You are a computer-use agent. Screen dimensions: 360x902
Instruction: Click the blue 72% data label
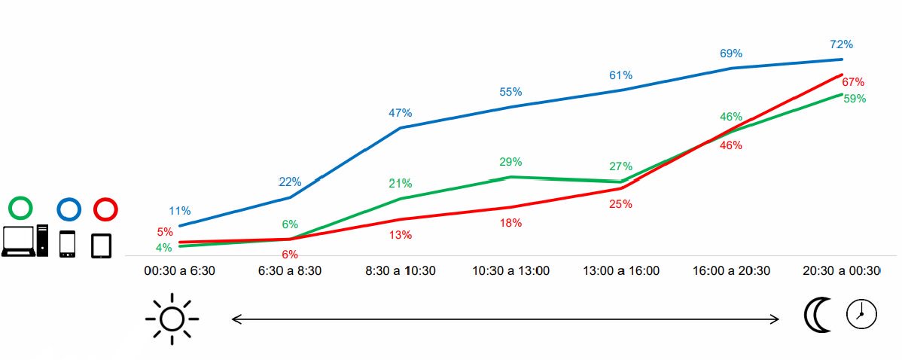click(x=841, y=44)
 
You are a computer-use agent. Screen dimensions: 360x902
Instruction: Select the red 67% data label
click(x=853, y=82)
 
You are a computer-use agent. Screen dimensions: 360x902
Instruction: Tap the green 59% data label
click(x=855, y=99)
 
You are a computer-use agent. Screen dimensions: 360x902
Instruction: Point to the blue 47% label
click(x=400, y=113)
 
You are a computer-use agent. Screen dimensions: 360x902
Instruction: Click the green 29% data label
click(x=510, y=162)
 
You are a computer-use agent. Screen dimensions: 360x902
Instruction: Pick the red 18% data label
click(x=510, y=223)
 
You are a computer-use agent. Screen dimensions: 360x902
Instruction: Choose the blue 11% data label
click(x=179, y=211)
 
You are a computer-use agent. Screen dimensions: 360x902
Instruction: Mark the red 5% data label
click(x=165, y=232)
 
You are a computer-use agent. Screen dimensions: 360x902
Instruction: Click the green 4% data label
click(x=163, y=248)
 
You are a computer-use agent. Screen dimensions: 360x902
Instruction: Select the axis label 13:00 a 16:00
click(x=621, y=271)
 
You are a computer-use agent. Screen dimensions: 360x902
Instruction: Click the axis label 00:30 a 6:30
click(x=179, y=271)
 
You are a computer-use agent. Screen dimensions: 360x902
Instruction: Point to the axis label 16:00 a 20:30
click(x=731, y=271)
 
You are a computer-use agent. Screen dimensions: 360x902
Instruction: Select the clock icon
click(x=862, y=314)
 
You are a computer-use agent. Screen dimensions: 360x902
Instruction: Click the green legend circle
click(x=22, y=209)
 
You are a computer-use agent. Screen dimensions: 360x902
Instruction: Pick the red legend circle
click(x=105, y=209)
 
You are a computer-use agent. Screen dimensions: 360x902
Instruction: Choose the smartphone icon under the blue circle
click(x=67, y=244)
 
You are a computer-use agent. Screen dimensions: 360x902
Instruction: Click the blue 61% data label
click(x=620, y=75)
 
